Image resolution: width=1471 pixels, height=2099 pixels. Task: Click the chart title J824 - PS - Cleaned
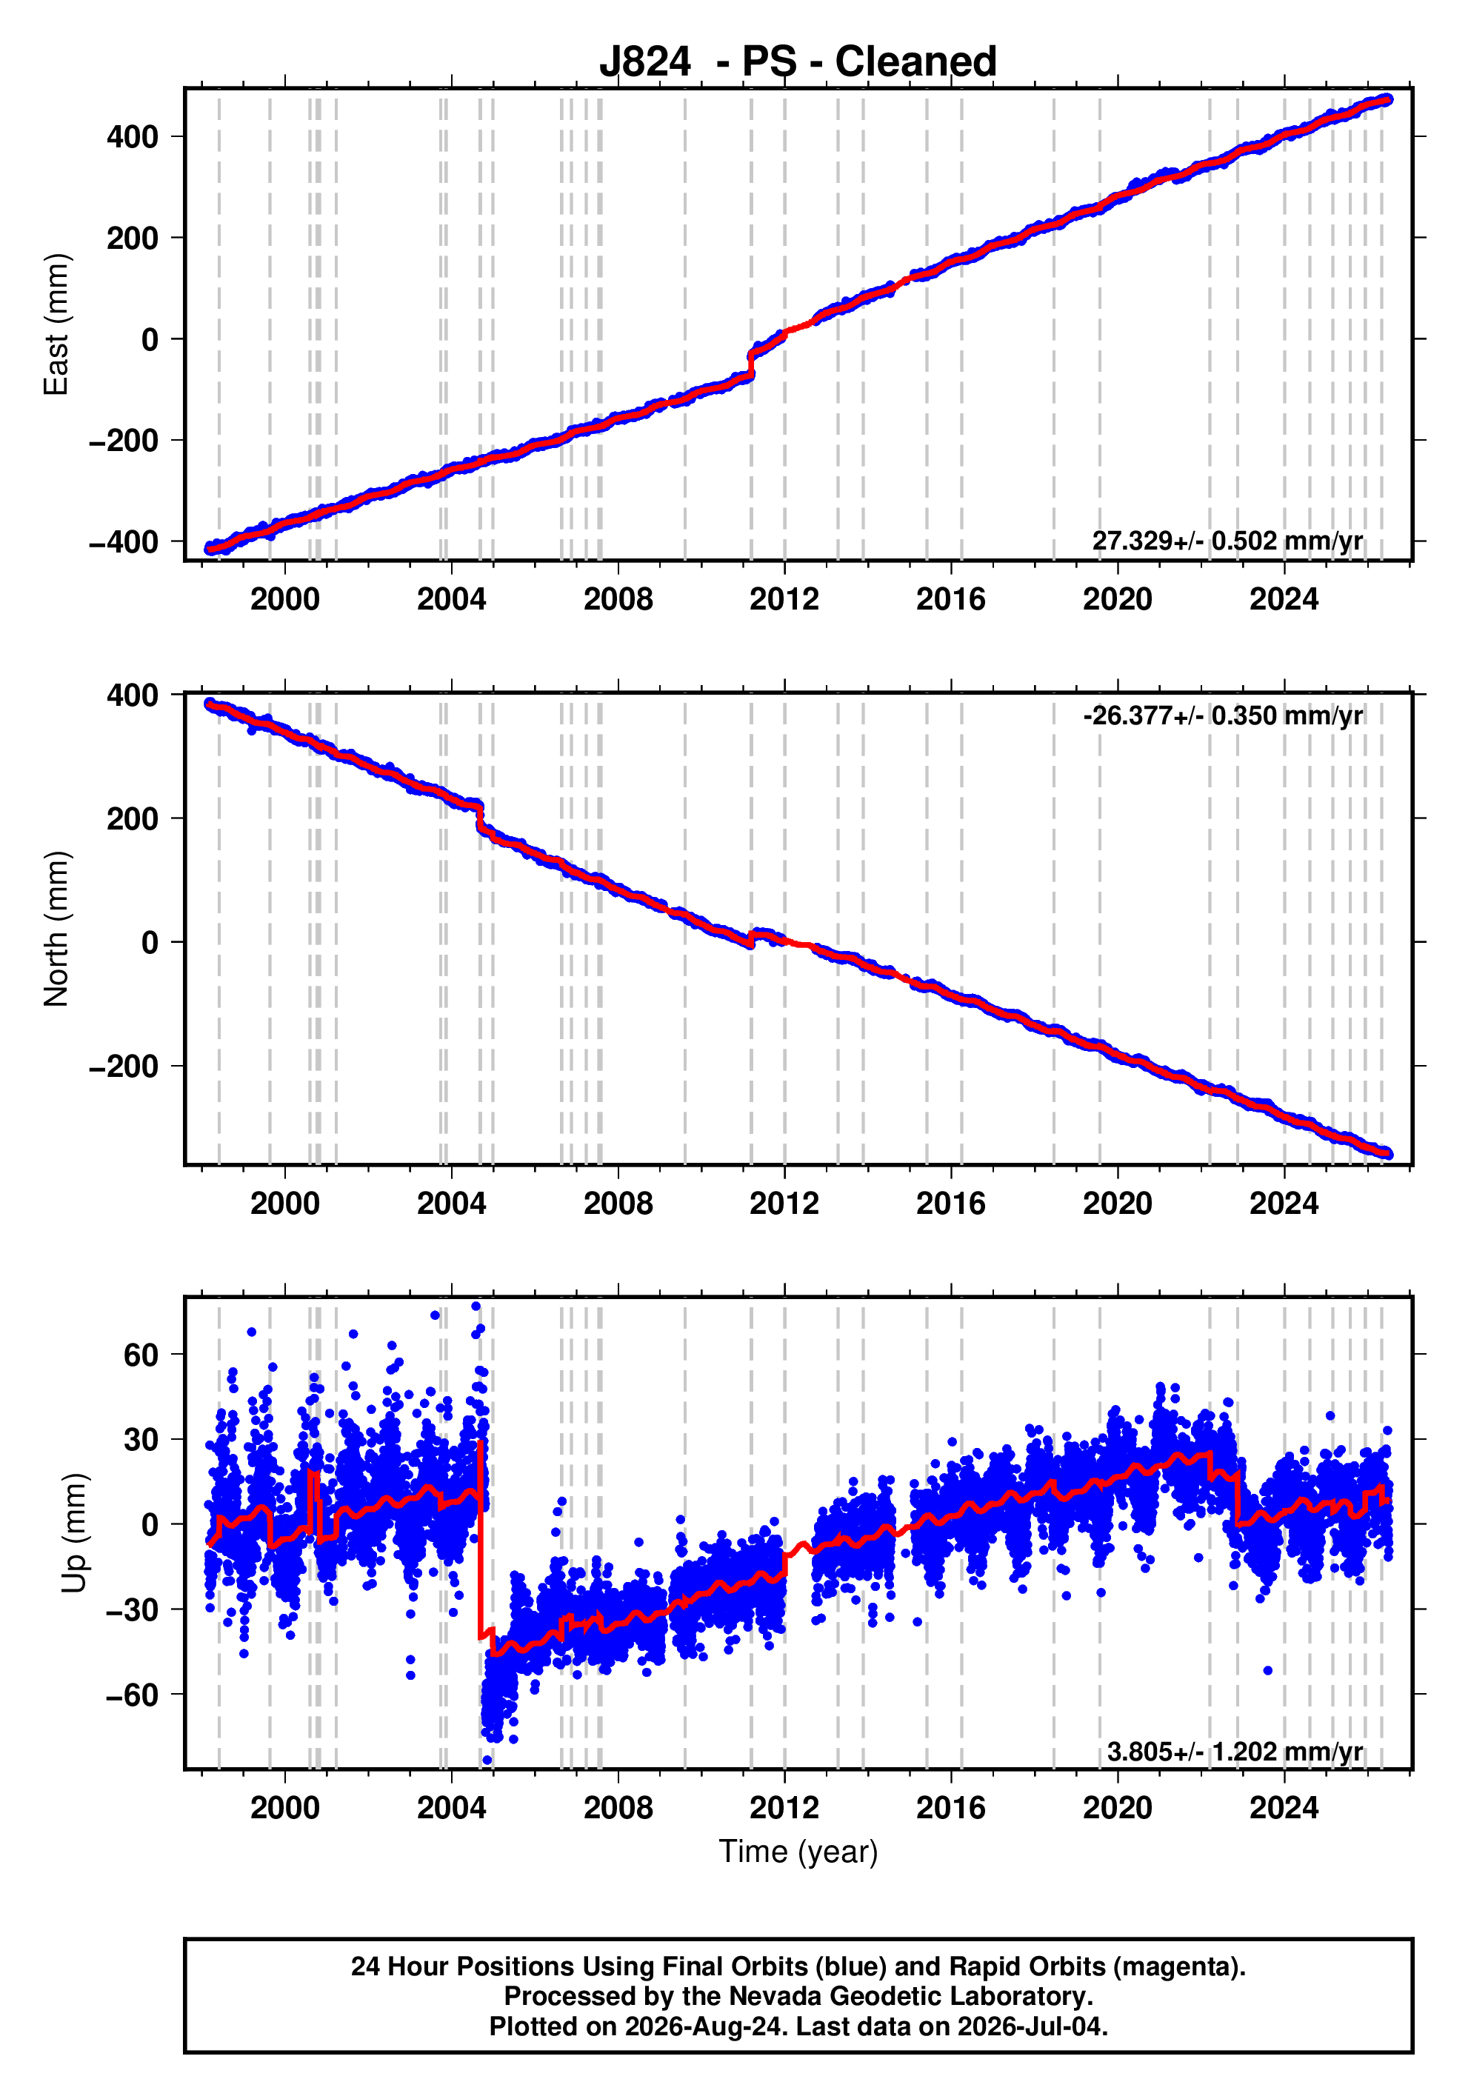pyautogui.click(x=797, y=61)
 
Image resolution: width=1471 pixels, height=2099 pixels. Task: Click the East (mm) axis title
pyautogui.click(x=56, y=324)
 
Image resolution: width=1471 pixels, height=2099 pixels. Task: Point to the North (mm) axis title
pyautogui.click(x=56, y=929)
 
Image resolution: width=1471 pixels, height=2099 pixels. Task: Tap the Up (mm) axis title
pyautogui.click(x=74, y=1533)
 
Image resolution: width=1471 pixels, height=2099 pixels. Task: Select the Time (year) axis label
pyautogui.click(x=798, y=1851)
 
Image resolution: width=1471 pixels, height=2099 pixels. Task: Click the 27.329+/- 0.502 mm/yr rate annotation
pyautogui.click(x=1227, y=540)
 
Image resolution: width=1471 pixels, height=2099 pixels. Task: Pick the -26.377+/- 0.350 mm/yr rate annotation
pyautogui.click(x=1222, y=715)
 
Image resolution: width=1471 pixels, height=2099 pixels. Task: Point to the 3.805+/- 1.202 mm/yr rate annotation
pyautogui.click(x=1234, y=1752)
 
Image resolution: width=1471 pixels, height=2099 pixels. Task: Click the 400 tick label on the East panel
pyautogui.click(x=132, y=137)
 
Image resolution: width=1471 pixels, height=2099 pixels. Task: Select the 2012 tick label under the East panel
pyautogui.click(x=784, y=600)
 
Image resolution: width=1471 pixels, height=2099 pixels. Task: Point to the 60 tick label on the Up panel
pyautogui.click(x=141, y=1355)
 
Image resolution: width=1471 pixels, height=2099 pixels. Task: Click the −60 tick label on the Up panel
pyautogui.click(x=132, y=1695)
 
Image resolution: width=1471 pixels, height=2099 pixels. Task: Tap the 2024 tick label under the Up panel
pyautogui.click(x=1284, y=1808)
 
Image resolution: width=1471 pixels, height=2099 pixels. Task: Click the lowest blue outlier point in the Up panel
pyautogui.click(x=487, y=1761)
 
